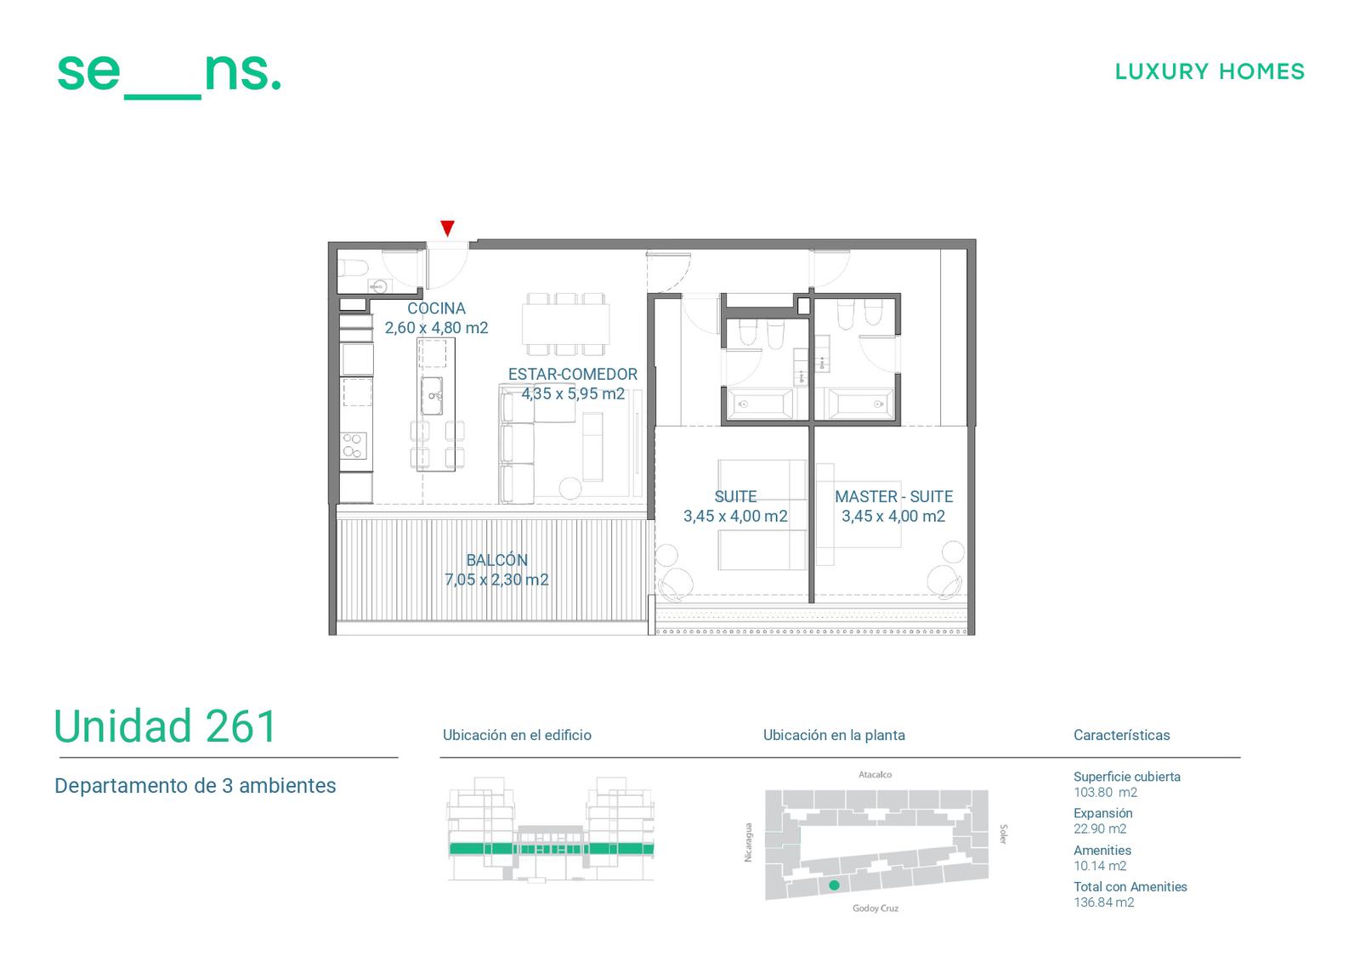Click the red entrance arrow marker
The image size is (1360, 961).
tap(447, 229)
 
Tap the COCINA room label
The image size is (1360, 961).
tap(437, 308)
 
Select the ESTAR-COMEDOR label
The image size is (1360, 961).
tap(573, 374)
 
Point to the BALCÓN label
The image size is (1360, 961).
tap(496, 560)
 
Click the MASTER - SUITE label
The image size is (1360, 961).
tap(893, 496)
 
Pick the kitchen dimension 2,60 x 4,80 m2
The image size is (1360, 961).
tap(437, 328)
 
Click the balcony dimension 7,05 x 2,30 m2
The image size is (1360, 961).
tap(496, 579)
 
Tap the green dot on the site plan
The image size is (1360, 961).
tap(834, 885)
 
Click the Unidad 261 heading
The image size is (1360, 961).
tap(165, 726)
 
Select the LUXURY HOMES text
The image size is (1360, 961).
tap(1210, 71)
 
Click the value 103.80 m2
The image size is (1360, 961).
tap(1105, 792)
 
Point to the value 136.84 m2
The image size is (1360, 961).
tap(1104, 902)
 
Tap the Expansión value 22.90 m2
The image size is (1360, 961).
tap(1100, 828)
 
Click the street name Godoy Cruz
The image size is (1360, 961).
tap(875, 908)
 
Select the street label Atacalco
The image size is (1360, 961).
tap(875, 775)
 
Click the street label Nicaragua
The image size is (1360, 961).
tap(748, 842)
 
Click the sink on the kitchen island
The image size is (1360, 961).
tap(432, 395)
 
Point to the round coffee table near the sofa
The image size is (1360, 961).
tap(570, 489)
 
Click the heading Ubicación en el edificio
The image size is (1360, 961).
tap(517, 735)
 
